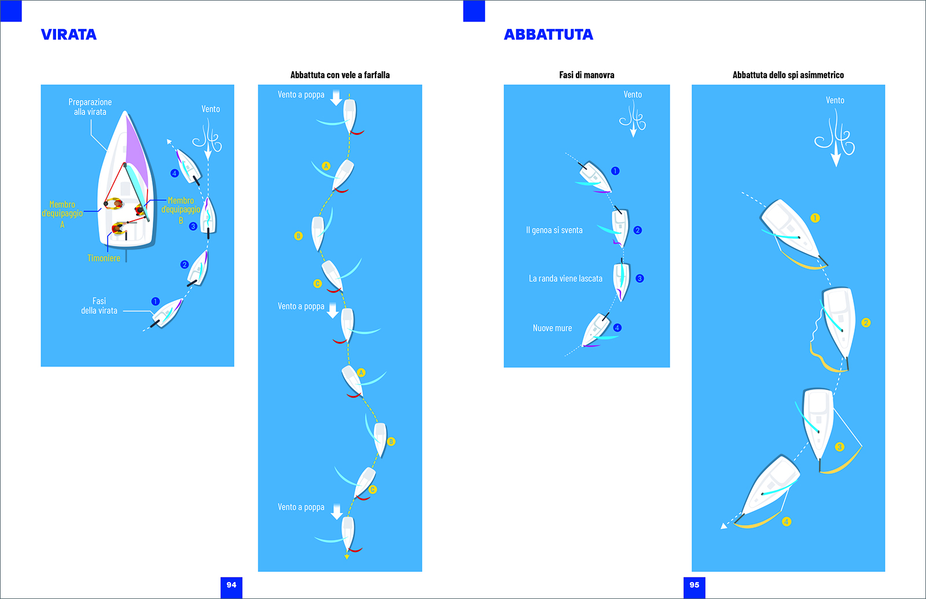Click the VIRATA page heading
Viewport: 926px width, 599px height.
pyautogui.click(x=69, y=34)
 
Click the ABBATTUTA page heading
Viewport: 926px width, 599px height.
pyautogui.click(x=548, y=34)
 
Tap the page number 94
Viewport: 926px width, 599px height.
pyautogui.click(x=231, y=585)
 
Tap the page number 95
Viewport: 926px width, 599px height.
pyautogui.click(x=694, y=585)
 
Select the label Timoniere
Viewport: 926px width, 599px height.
pyautogui.click(x=104, y=258)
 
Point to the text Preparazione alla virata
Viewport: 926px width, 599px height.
pyautogui.click(x=90, y=106)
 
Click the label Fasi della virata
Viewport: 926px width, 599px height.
pyautogui.click(x=99, y=306)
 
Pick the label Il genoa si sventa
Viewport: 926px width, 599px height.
pyautogui.click(x=554, y=230)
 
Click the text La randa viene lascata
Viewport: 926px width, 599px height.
pyautogui.click(x=565, y=278)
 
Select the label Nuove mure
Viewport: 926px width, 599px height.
pyautogui.click(x=552, y=328)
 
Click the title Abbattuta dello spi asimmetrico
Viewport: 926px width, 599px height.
pyautogui.click(x=788, y=75)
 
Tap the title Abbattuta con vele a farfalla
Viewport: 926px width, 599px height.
pyautogui.click(x=340, y=75)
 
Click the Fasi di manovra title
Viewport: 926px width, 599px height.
pyautogui.click(x=587, y=75)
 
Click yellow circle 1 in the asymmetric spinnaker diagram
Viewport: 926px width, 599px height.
pyautogui.click(x=815, y=218)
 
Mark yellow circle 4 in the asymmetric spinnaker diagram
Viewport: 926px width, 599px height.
pyautogui.click(x=787, y=521)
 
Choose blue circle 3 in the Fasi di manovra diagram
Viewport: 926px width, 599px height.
pyautogui.click(x=640, y=278)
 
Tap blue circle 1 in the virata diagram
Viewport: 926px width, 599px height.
pyautogui.click(x=156, y=302)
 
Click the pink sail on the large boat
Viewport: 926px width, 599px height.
pyautogui.click(x=137, y=153)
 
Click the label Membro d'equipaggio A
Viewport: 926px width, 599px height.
pyautogui.click(x=63, y=214)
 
